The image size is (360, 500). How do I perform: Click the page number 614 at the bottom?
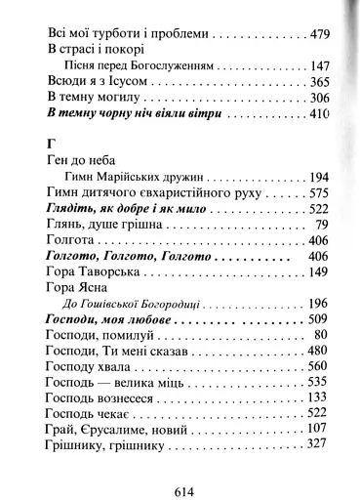point(181,465)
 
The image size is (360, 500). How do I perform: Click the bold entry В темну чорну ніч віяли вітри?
point(135,115)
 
